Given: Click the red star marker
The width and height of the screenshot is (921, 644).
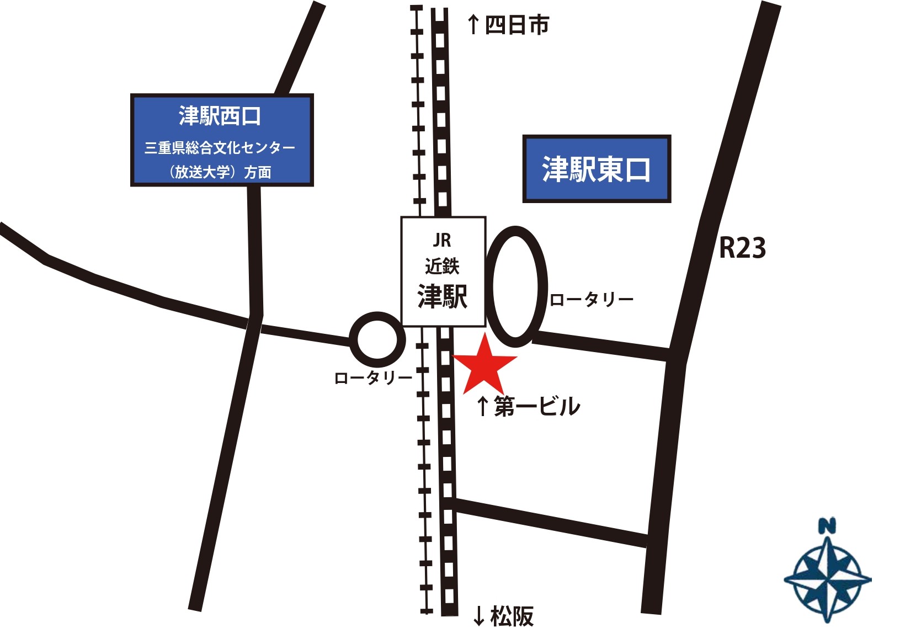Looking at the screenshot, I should (x=484, y=365).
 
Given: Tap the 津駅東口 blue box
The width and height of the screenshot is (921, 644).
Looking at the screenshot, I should (x=596, y=169).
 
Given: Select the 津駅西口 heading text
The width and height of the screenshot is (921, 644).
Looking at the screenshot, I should (x=219, y=116).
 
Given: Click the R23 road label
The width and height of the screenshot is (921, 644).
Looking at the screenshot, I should (x=742, y=248).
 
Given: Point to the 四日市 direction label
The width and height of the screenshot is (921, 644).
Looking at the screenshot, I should (x=517, y=25).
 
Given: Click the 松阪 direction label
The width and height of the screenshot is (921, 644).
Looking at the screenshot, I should (x=512, y=616).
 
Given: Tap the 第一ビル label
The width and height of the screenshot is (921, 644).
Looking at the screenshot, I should (x=537, y=407).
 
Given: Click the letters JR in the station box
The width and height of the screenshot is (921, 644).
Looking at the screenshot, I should (x=442, y=240).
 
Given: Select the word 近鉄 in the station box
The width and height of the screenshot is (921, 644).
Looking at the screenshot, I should (x=442, y=267).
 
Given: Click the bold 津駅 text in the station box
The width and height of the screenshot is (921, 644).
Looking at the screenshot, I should (x=442, y=297).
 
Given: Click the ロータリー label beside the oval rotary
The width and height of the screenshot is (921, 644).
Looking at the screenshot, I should (x=591, y=300).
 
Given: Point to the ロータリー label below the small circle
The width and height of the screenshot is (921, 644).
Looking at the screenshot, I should (x=373, y=378).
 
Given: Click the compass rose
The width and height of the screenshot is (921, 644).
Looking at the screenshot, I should (x=827, y=579).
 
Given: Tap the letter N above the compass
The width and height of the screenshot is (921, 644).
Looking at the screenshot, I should (x=826, y=526).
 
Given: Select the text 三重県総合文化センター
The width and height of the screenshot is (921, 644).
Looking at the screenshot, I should (x=220, y=148).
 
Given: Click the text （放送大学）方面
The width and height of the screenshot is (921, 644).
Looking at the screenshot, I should (x=220, y=172).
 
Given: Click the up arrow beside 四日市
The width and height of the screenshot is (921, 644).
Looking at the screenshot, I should (x=473, y=25).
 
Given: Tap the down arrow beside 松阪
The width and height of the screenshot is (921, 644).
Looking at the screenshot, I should (x=478, y=616).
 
